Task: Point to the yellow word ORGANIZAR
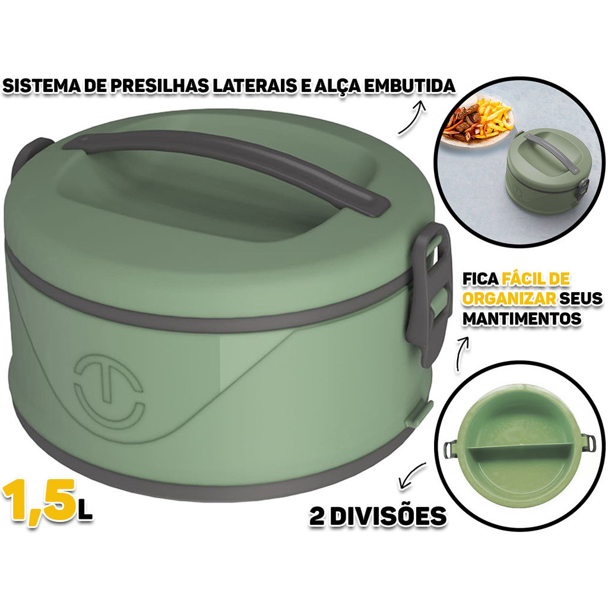click(509, 299)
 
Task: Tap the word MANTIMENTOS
click(522, 319)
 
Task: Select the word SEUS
click(581, 299)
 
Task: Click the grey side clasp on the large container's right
click(429, 293)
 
